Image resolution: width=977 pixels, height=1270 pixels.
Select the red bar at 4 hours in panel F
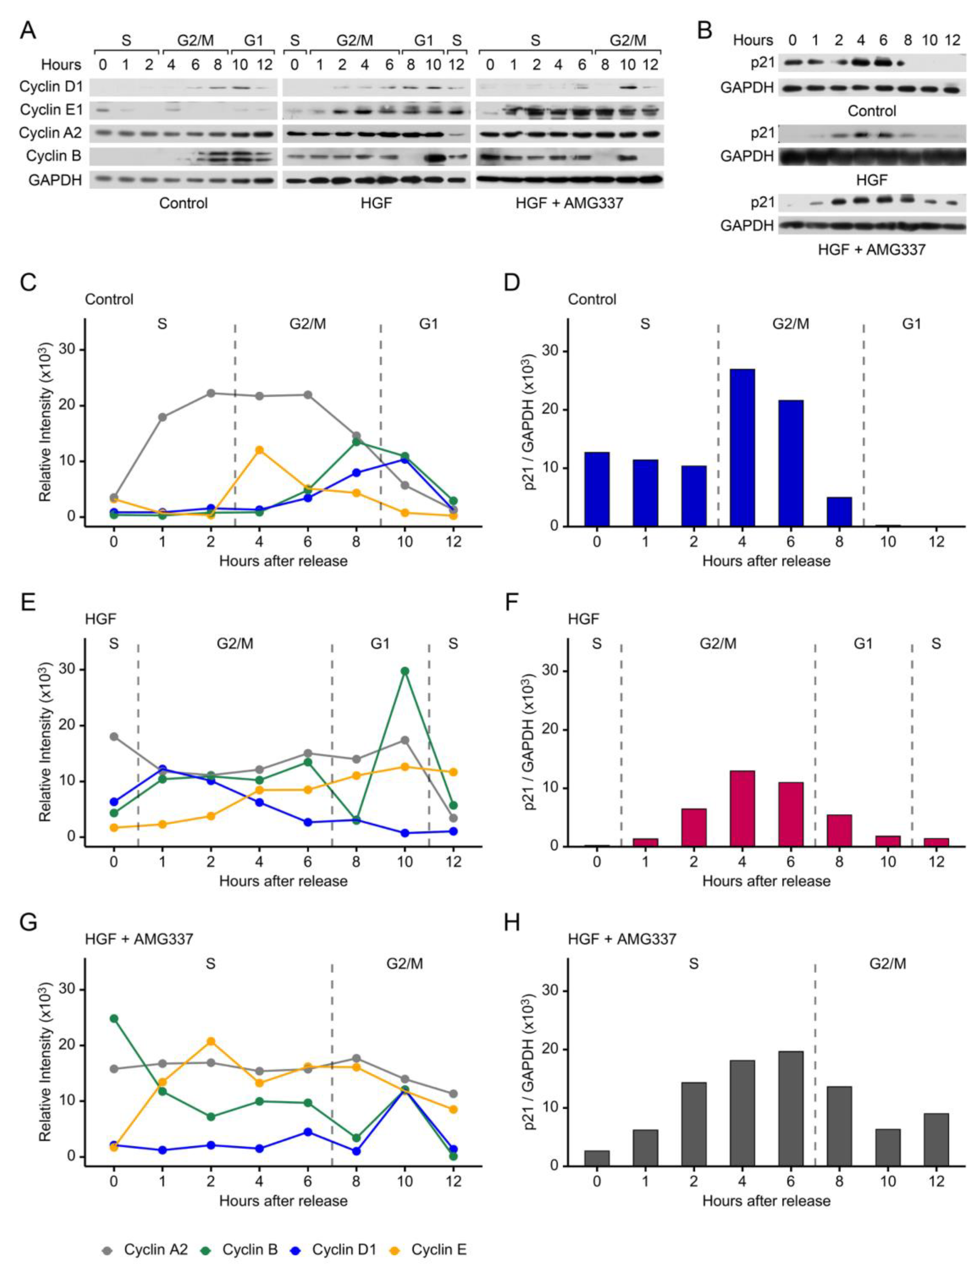pyautogui.click(x=742, y=808)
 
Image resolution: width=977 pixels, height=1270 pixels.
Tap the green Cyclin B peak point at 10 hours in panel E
pyautogui.click(x=405, y=671)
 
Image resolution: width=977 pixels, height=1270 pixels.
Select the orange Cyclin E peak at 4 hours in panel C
pyautogui.click(x=259, y=450)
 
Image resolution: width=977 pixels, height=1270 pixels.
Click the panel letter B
pyautogui.click(x=704, y=30)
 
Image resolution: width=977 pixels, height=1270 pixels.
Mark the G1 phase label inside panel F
pyautogui.click(x=863, y=644)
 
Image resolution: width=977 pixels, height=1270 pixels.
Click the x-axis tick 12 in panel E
pyautogui.click(x=453, y=861)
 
